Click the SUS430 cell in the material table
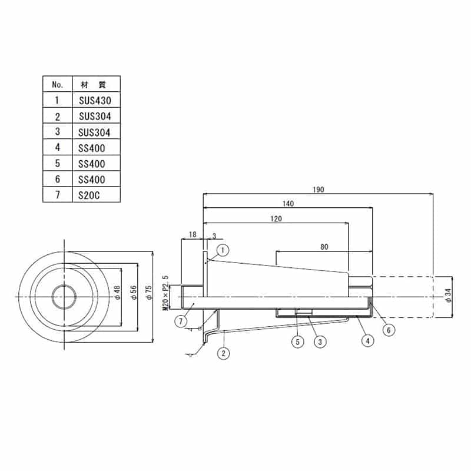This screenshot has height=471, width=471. click(x=95, y=100)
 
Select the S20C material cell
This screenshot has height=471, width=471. click(x=89, y=195)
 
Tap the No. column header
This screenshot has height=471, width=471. click(x=57, y=85)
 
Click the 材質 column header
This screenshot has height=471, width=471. click(x=94, y=85)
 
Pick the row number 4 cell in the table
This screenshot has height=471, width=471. click(x=57, y=147)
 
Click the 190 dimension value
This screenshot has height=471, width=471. click(x=318, y=190)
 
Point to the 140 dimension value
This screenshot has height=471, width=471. click(x=288, y=204)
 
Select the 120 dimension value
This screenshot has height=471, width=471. click(x=276, y=218)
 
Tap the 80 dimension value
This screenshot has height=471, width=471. click(x=324, y=247)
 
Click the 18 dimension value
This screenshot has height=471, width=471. click(x=193, y=234)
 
